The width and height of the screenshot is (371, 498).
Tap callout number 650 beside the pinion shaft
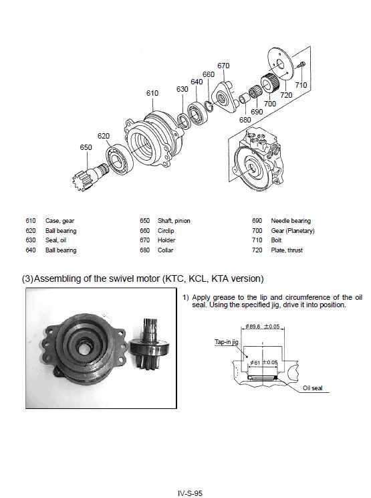(86, 147)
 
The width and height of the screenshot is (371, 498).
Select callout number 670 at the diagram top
(223, 66)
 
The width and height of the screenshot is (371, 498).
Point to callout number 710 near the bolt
(301, 85)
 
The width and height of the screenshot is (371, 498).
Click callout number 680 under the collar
(245, 120)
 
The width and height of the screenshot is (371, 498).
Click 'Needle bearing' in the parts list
(290, 221)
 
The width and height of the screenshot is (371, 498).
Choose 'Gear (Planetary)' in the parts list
(292, 231)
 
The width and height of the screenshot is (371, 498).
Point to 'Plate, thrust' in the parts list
(286, 250)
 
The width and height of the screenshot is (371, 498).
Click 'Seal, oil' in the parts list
(55, 240)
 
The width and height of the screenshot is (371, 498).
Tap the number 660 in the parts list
(144, 231)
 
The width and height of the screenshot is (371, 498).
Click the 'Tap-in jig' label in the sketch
(217, 341)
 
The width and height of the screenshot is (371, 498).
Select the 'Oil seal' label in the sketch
(312, 388)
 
